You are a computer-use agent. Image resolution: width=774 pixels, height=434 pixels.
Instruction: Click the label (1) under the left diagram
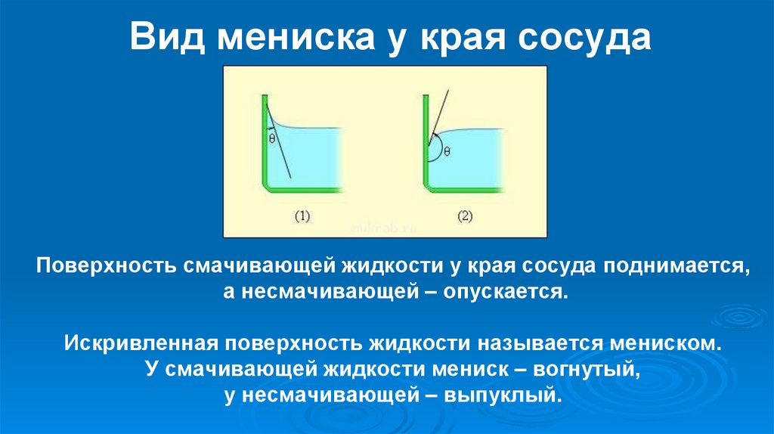(302, 217)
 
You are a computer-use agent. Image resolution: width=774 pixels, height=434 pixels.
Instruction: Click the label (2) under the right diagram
(464, 217)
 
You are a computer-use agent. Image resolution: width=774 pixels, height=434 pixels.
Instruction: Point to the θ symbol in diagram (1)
(271, 138)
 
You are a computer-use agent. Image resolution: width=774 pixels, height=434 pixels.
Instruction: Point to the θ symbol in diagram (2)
(447, 150)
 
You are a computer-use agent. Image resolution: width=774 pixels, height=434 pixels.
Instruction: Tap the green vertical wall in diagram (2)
(426, 136)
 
